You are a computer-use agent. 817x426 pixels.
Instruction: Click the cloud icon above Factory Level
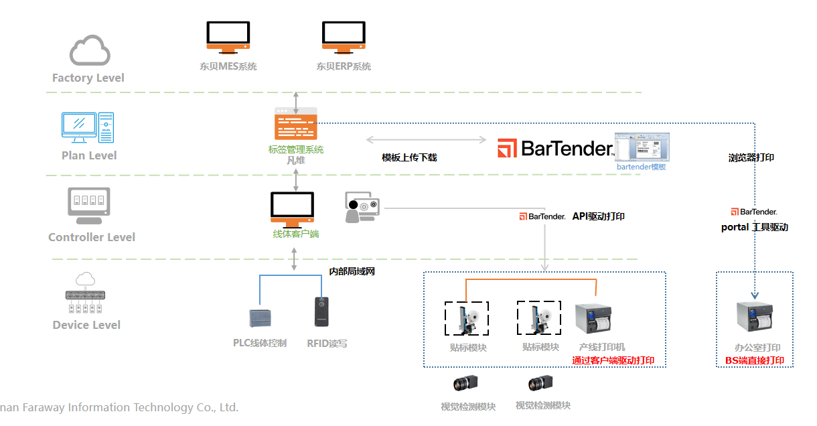(x=90, y=51)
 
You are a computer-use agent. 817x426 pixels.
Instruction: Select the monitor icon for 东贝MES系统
(x=228, y=36)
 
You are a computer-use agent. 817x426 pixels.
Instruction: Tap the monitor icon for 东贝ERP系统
(x=344, y=36)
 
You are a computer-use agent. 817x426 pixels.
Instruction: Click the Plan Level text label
(x=89, y=155)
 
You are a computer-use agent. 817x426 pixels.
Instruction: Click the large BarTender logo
(x=555, y=148)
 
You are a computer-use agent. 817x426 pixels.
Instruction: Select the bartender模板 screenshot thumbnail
(x=642, y=147)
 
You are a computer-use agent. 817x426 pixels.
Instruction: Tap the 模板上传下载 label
(x=409, y=157)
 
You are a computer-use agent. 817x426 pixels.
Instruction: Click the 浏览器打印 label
(x=751, y=158)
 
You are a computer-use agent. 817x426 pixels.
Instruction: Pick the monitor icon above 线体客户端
(x=292, y=209)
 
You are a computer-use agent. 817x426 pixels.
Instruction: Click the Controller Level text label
(x=92, y=237)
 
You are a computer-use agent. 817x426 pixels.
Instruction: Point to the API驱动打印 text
(x=599, y=216)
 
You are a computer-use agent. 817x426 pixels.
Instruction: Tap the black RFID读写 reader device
(x=321, y=312)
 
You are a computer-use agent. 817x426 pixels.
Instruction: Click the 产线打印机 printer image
(x=593, y=317)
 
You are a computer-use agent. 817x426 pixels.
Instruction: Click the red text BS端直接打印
(x=755, y=360)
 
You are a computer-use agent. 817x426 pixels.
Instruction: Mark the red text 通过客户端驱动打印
(x=613, y=360)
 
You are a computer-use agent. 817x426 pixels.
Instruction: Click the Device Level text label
(x=87, y=325)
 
